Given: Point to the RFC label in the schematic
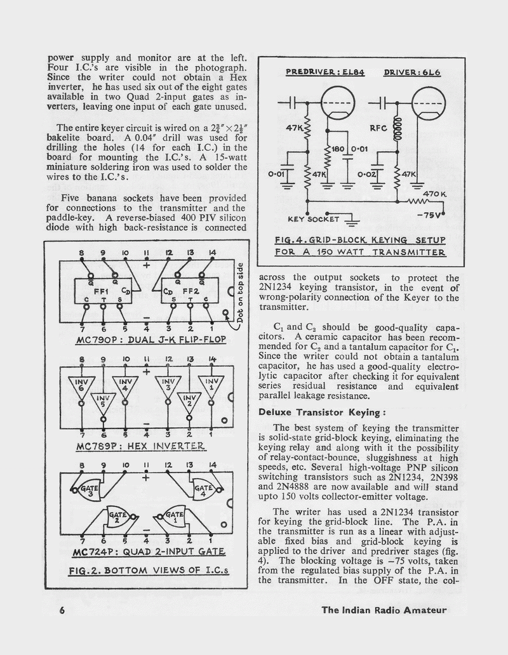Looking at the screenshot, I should point(379,128).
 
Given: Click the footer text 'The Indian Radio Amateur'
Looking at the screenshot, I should point(384,611).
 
